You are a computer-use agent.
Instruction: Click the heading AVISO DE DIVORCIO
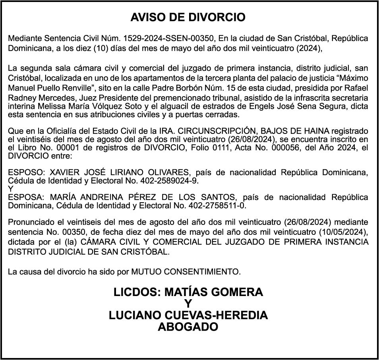(x=188, y=17)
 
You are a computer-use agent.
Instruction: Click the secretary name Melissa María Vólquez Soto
(x=83, y=106)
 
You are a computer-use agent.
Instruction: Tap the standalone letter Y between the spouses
(x=11, y=189)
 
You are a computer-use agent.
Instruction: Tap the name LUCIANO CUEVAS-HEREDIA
(x=188, y=315)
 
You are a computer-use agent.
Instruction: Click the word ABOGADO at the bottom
(x=188, y=327)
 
